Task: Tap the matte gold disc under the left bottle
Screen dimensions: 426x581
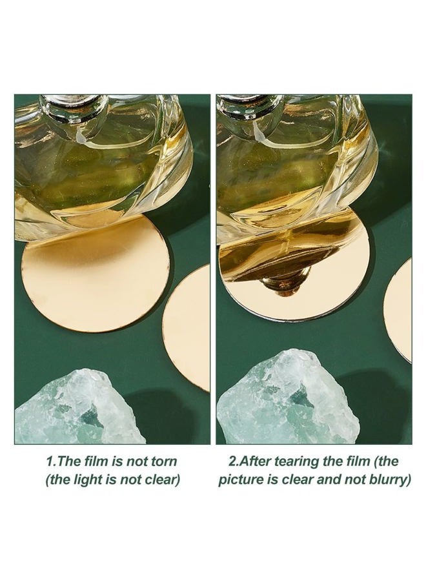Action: click(x=96, y=274)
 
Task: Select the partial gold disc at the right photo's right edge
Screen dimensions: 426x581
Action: click(x=398, y=311)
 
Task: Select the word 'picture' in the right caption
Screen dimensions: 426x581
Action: click(x=241, y=480)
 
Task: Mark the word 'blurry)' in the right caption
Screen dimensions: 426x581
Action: click(x=391, y=480)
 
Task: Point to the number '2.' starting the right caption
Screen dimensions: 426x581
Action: click(x=234, y=462)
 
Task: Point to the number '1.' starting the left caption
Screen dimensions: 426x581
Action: click(x=52, y=462)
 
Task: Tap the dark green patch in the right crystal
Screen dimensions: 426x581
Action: click(x=299, y=400)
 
